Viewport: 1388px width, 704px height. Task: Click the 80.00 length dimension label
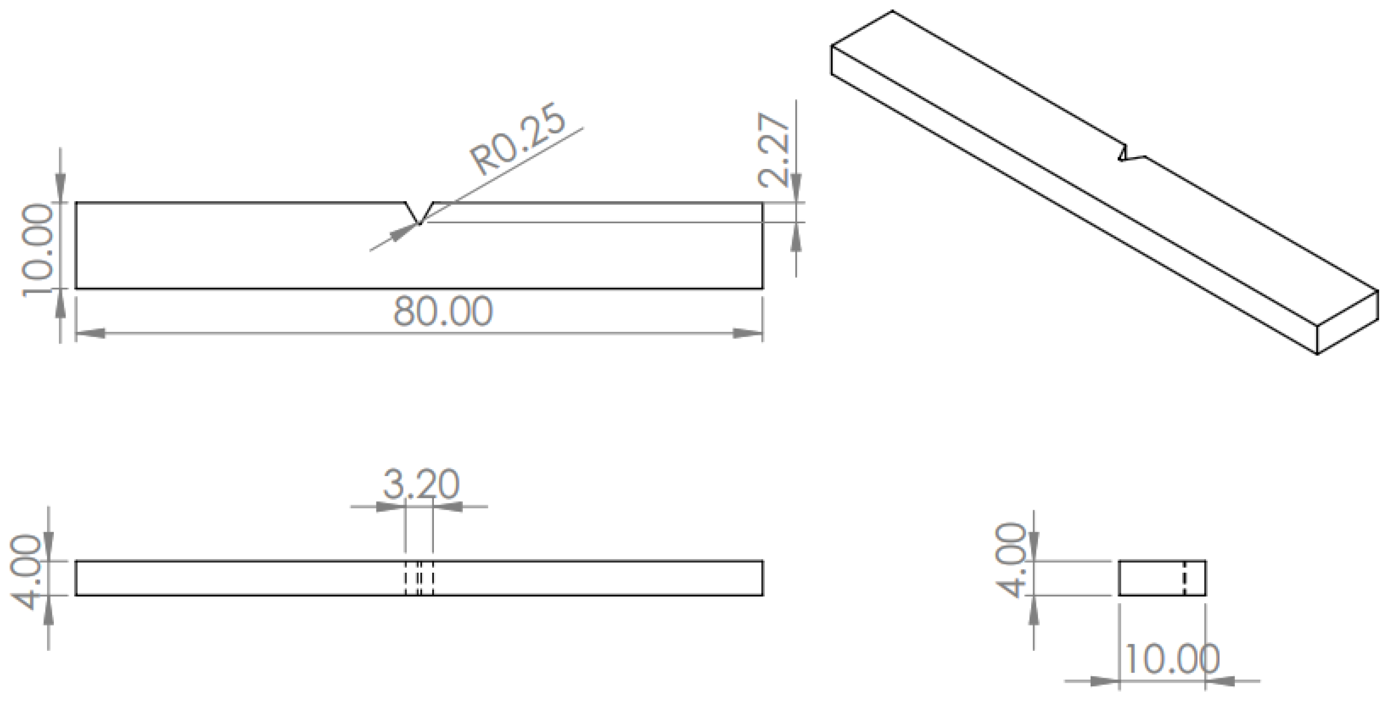(443, 311)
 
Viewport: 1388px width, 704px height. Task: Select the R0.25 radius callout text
(518, 140)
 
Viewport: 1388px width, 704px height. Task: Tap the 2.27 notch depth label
(775, 150)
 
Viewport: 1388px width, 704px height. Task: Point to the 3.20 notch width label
(421, 484)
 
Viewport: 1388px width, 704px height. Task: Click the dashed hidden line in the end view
(1184, 578)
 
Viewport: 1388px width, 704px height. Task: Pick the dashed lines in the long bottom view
(419, 578)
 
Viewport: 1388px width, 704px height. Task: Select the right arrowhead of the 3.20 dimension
(448, 507)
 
